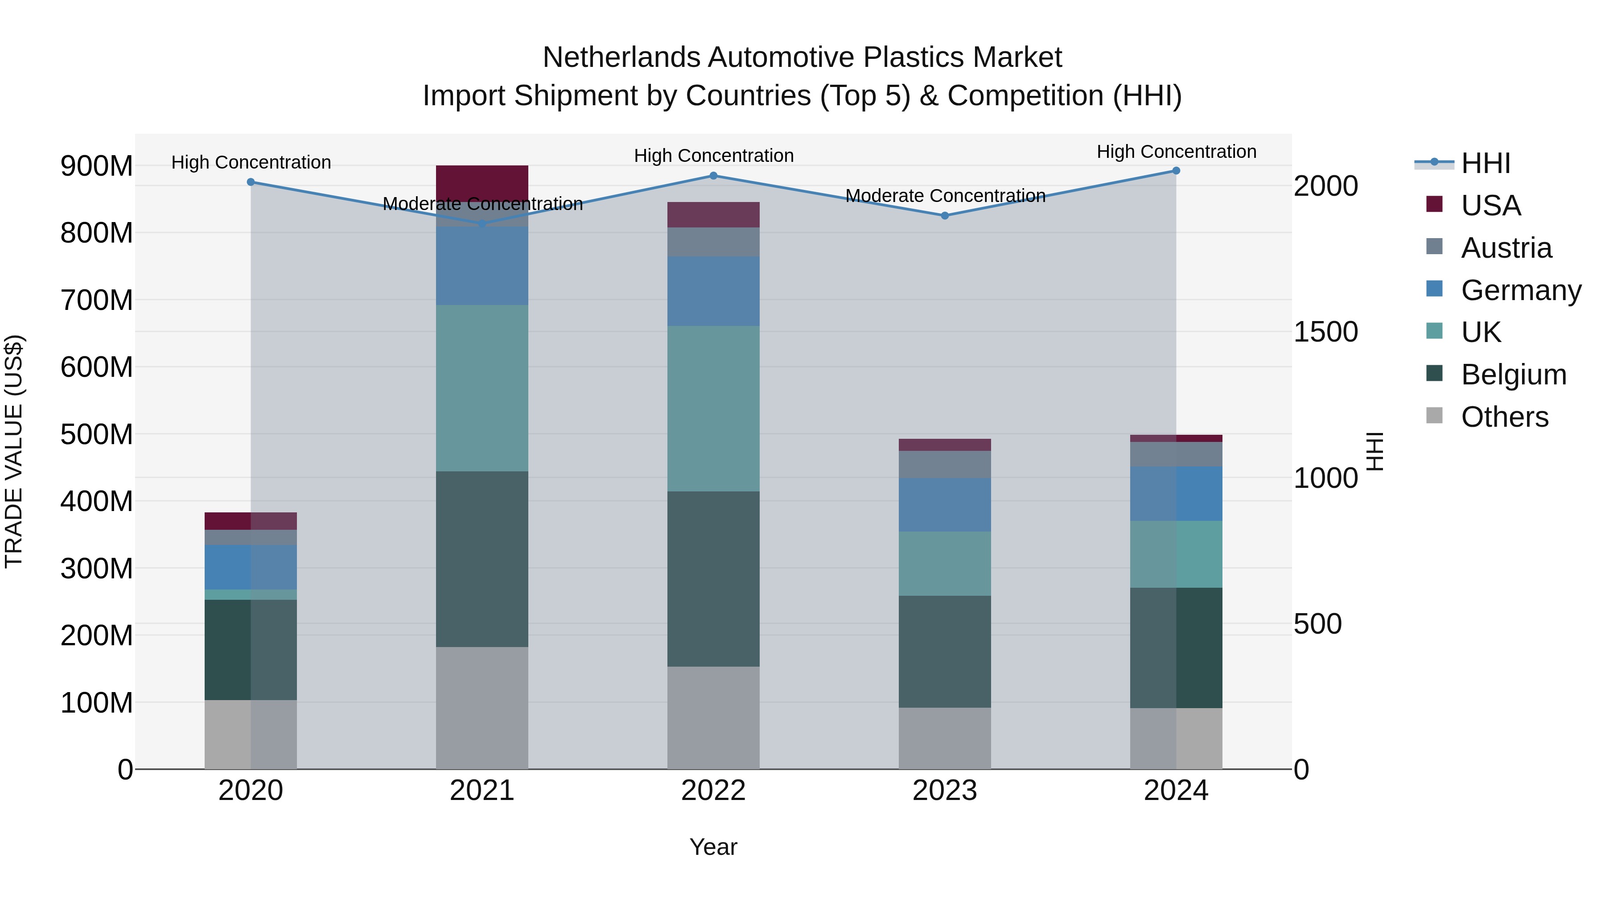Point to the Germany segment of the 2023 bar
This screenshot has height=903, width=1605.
[945, 505]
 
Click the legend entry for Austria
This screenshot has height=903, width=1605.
[1506, 248]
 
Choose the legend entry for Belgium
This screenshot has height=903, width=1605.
[1514, 375]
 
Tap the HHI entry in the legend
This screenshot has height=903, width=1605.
[1486, 163]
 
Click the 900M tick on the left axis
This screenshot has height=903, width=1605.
[97, 166]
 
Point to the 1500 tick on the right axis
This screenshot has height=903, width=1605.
[1325, 332]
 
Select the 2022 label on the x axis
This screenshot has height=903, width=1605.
[713, 791]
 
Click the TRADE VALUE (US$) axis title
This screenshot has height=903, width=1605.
[14, 451]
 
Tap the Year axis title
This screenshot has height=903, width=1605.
[713, 847]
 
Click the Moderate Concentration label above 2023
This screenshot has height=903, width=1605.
[945, 196]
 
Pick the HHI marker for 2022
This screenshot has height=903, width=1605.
[713, 176]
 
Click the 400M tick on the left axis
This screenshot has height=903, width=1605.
[97, 502]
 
